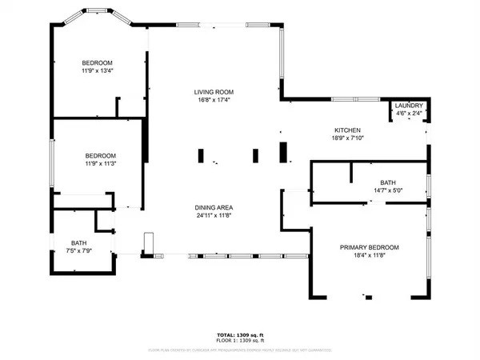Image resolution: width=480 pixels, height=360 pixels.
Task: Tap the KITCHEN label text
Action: pyautogui.click(x=348, y=130)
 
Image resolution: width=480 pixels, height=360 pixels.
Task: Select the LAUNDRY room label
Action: pyautogui.click(x=410, y=106)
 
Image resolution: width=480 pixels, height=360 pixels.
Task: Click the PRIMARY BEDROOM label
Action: pyautogui.click(x=369, y=247)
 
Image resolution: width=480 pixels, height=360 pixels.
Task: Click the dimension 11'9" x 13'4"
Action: pyautogui.click(x=97, y=71)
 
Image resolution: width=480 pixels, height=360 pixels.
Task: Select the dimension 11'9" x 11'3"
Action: pyautogui.click(x=101, y=164)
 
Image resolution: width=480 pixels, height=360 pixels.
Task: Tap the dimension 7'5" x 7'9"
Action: pyautogui.click(x=78, y=252)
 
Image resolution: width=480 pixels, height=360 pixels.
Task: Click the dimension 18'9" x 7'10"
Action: pyautogui.click(x=348, y=138)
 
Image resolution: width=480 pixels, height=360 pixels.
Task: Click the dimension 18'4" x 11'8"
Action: pyautogui.click(x=369, y=255)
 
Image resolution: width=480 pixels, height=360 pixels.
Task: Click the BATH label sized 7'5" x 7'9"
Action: pyautogui.click(x=78, y=243)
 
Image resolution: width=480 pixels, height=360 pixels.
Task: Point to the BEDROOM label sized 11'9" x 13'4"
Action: pyautogui.click(x=97, y=62)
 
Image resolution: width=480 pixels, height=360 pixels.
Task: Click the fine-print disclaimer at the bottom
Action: pyautogui.click(x=239, y=350)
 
